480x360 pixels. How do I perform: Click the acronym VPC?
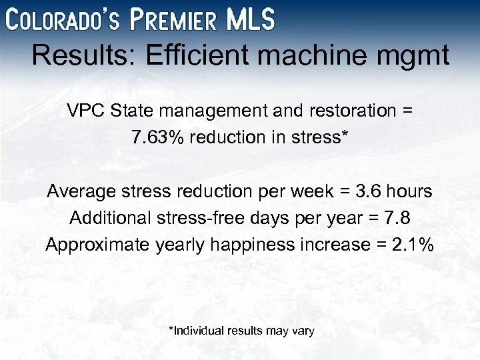85,111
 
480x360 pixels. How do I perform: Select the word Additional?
110,218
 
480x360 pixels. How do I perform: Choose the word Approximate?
97,245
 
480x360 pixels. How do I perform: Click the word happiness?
243,245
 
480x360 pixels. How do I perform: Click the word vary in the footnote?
301,331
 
